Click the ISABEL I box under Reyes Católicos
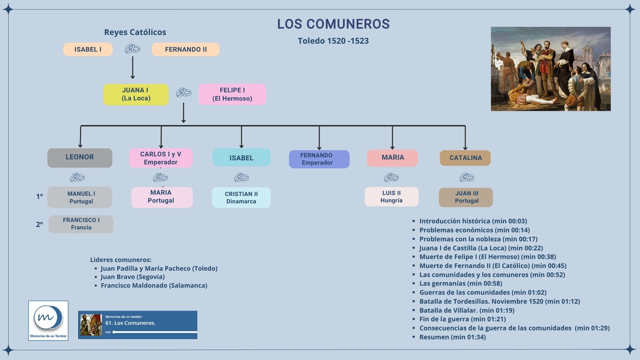[88, 49]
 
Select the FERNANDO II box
[186, 49]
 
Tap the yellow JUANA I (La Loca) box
[136, 94]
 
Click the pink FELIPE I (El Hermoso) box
[232, 94]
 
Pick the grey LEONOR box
[80, 158]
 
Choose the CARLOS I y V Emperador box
[161, 158]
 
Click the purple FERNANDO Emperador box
[319, 159]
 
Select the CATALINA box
[465, 158]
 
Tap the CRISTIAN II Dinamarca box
[241, 197]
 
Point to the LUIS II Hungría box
[391, 197]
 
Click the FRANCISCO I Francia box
[81, 224]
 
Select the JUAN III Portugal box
[466, 197]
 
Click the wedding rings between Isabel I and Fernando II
[132, 49]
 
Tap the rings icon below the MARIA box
[392, 177]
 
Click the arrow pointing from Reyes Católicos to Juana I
[133, 67]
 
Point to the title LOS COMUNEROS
[333, 24]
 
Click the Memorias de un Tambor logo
[48, 320]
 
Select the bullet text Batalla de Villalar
[467, 310]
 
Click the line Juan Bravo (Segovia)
[133, 277]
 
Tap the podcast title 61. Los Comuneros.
[130, 323]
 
